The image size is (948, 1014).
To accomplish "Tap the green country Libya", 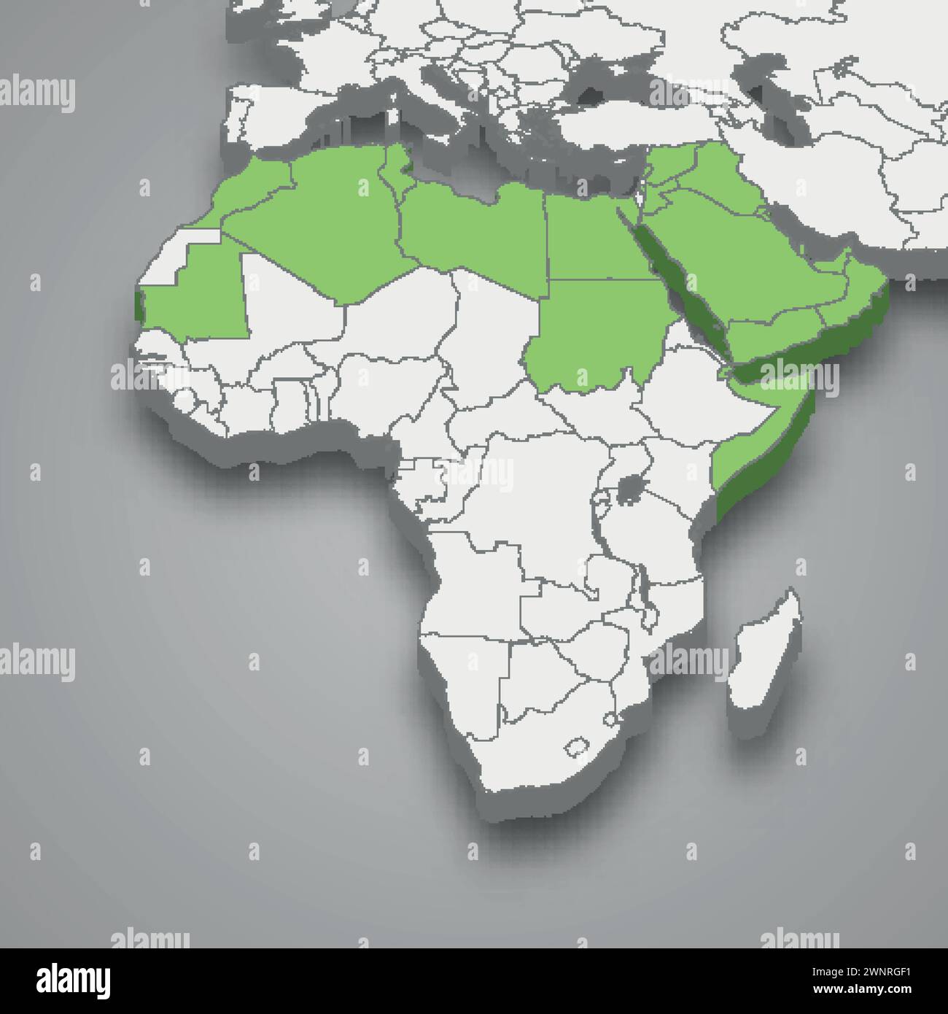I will pyautogui.click(x=474, y=226).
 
